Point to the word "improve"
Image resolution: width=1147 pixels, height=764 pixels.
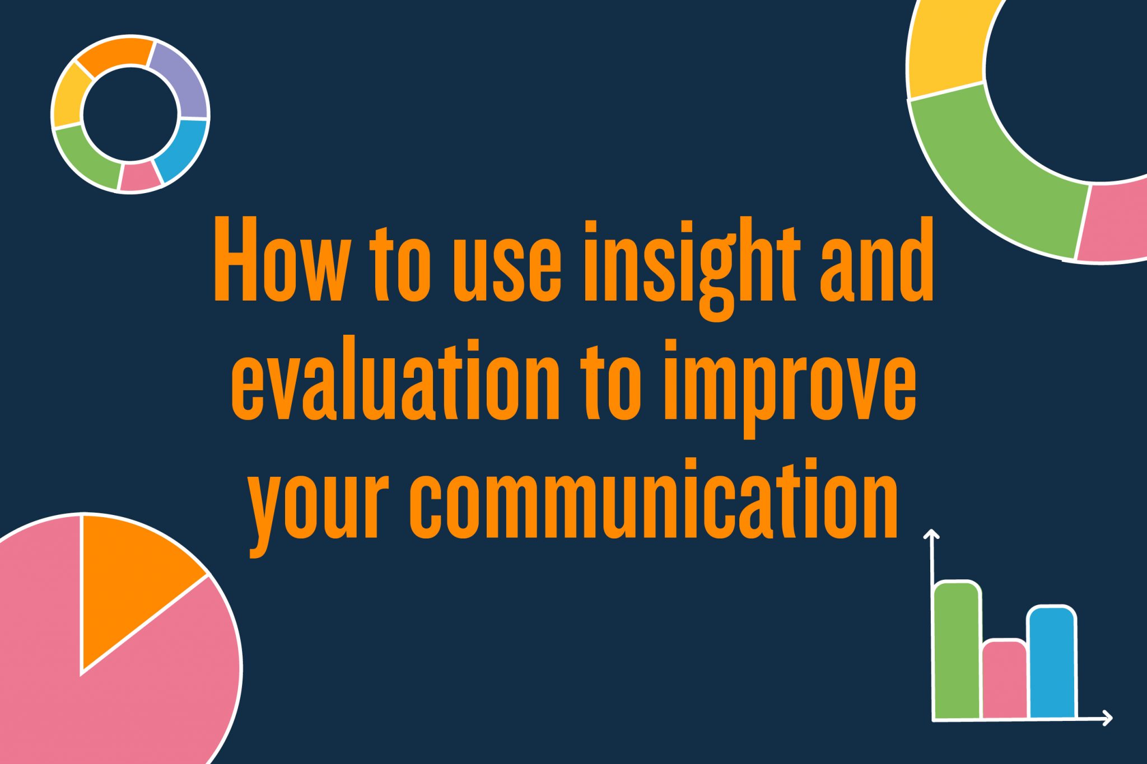point(790,386)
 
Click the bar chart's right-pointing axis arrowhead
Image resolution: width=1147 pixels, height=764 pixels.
point(1107,718)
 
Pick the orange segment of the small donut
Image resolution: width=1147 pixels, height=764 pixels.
point(115,53)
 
